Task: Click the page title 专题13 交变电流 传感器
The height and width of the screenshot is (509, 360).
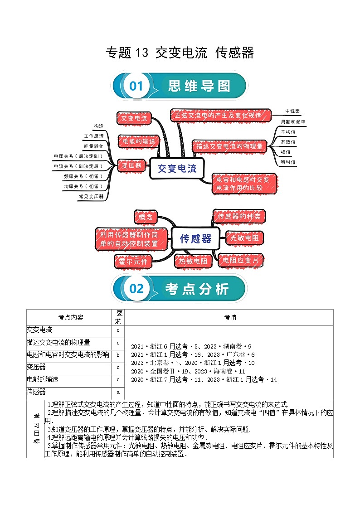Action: pyautogui.click(x=180, y=53)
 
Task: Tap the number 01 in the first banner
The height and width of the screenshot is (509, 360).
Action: pyautogui.click(x=136, y=86)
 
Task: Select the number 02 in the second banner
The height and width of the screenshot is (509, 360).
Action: pyautogui.click(x=136, y=288)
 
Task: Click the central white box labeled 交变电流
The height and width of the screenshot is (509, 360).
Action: pyautogui.click(x=177, y=169)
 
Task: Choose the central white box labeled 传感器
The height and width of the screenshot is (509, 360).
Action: pyautogui.click(x=195, y=238)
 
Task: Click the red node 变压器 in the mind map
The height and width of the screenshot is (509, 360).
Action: pyautogui.click(x=131, y=165)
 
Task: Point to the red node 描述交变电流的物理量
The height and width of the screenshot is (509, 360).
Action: pyautogui.click(x=228, y=146)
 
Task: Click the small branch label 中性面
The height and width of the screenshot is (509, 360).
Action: pyautogui.click(x=292, y=111)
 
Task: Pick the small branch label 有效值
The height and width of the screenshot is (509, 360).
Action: pyautogui.click(x=288, y=142)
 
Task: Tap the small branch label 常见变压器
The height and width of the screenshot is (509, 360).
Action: pyautogui.click(x=91, y=196)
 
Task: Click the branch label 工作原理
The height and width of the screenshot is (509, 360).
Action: pyautogui.click(x=94, y=136)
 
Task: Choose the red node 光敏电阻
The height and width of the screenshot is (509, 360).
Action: pyautogui.click(x=244, y=238)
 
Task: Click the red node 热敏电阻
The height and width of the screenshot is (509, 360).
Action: pyautogui.click(x=193, y=261)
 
